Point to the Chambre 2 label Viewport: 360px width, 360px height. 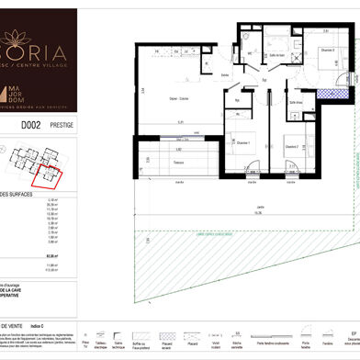(x=291, y=146)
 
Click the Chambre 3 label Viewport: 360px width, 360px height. (x=327, y=50)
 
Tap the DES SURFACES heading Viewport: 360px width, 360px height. (x=20, y=195)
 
